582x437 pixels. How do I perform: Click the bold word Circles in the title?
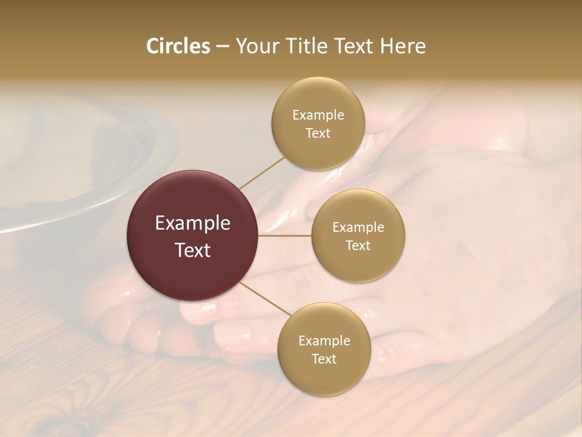click(178, 46)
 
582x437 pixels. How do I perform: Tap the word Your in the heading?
click(253, 46)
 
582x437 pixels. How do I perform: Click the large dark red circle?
click(192, 236)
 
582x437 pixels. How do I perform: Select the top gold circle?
click(318, 124)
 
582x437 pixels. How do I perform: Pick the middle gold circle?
click(358, 236)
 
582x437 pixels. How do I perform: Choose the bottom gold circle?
click(324, 350)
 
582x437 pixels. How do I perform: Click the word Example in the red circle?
click(193, 223)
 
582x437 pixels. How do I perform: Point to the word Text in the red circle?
click(193, 250)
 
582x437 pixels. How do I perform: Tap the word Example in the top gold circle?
click(318, 115)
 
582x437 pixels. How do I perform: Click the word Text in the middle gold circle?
click(358, 246)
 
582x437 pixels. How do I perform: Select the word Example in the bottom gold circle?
click(324, 340)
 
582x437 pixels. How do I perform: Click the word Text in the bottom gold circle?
click(324, 359)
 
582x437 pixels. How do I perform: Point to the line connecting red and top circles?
click(262, 172)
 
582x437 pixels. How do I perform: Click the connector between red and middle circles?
click(285, 235)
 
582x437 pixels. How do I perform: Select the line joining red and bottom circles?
click(265, 299)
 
